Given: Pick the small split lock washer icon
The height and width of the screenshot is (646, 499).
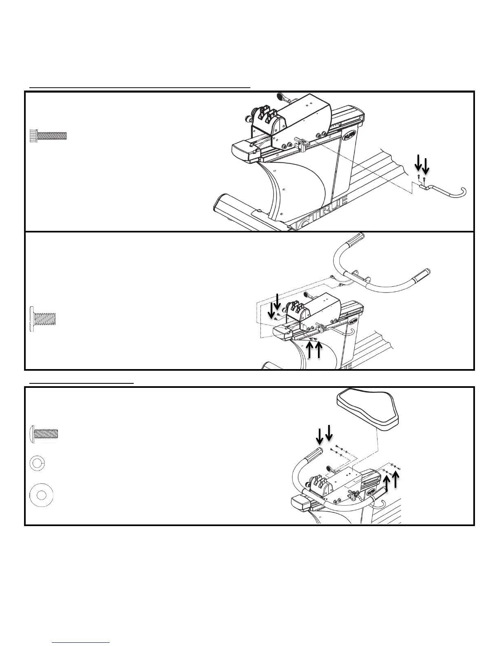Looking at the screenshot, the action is [x=37, y=463].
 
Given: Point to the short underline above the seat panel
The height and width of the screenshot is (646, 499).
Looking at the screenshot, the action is [x=82, y=383].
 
